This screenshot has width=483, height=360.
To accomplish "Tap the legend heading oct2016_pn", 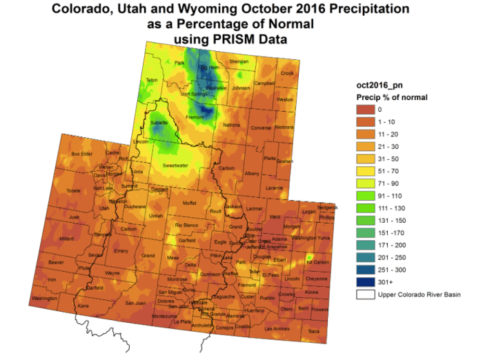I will (x=377, y=85).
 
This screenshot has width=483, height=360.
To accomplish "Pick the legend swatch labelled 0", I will (x=366, y=109).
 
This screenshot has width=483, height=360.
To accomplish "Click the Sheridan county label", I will (x=238, y=61).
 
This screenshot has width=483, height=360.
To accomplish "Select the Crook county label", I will (x=287, y=73).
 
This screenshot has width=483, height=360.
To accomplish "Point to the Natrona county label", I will (x=232, y=125).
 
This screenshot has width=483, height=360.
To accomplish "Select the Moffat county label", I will (x=189, y=203).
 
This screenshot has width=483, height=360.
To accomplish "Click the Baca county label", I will (x=315, y=332).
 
